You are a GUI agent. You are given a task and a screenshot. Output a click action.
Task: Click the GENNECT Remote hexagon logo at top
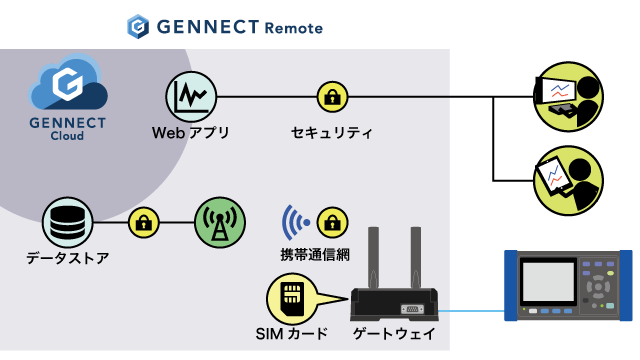point(139,26)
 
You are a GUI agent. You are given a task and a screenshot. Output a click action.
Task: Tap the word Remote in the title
point(293,27)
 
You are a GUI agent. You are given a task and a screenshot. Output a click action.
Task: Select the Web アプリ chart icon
point(190,96)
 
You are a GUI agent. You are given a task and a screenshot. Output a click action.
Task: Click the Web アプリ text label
point(190,132)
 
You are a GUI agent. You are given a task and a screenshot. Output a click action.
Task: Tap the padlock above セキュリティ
point(331,97)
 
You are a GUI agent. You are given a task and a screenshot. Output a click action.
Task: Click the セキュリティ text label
point(331,132)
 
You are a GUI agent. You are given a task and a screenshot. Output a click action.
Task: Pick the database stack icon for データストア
point(68,220)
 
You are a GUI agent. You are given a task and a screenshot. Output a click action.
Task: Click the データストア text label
point(68,258)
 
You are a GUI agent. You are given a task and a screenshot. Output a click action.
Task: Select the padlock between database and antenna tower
point(145,220)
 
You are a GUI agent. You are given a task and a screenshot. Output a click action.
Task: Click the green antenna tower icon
point(219,220)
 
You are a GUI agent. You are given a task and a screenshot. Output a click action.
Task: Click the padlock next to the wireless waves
point(331,220)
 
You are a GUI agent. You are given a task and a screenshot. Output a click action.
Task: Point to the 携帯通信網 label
point(315,254)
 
